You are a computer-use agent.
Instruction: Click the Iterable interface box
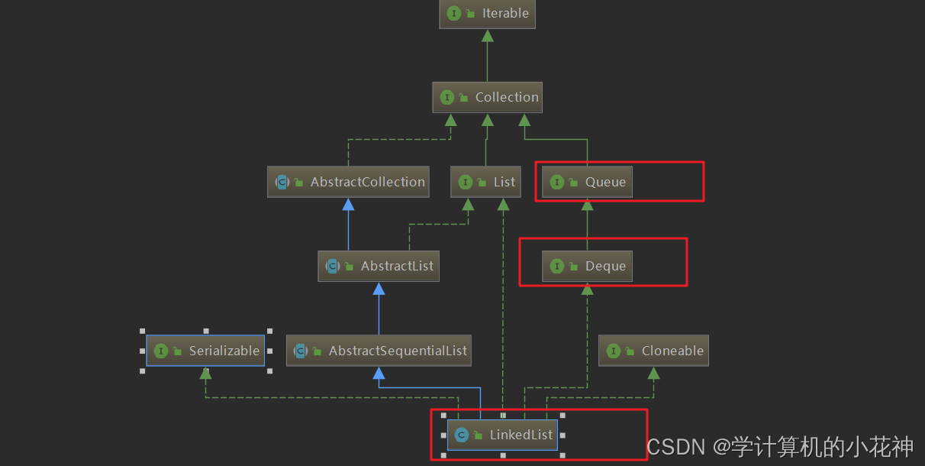(487, 14)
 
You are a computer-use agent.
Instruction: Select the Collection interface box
(487, 97)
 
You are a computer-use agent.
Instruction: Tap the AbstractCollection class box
(349, 182)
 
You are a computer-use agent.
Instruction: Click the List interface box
(485, 182)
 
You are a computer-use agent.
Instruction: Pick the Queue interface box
(587, 182)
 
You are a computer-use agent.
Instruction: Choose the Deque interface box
(587, 266)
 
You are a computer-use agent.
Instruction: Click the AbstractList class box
(379, 266)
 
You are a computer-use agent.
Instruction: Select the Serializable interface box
(205, 351)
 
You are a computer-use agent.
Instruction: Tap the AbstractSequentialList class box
(379, 351)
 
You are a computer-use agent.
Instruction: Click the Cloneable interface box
(653, 351)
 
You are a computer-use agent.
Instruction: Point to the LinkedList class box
(502, 435)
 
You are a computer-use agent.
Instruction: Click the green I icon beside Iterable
(454, 14)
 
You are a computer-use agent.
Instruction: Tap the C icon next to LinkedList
(461, 435)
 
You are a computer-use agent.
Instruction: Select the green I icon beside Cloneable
(613, 351)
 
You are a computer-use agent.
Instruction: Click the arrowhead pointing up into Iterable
(487, 36)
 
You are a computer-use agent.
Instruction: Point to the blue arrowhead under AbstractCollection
(349, 205)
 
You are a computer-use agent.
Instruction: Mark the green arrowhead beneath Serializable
(205, 373)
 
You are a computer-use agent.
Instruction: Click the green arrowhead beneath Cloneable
(653, 373)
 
